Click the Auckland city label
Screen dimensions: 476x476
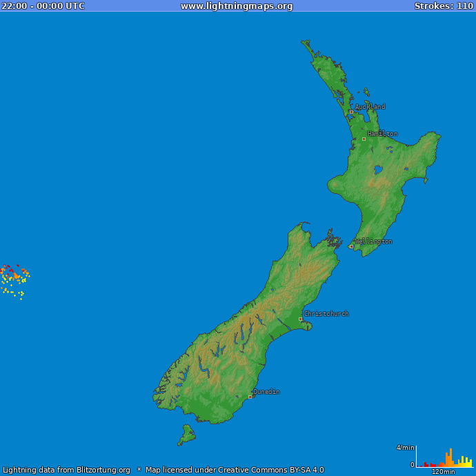point(370,107)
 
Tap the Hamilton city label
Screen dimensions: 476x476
point(382,134)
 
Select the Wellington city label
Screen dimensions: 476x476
point(373,241)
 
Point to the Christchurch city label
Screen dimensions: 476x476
point(326,314)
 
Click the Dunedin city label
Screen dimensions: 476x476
point(266,392)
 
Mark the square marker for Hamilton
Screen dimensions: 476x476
point(364,139)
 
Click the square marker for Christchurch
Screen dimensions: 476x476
point(300,319)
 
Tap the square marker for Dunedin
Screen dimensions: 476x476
point(250,397)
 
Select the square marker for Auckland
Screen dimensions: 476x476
point(351,112)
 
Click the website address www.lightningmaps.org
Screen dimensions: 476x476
point(237,6)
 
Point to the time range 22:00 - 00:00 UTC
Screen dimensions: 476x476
point(43,6)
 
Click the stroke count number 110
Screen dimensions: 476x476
point(465,6)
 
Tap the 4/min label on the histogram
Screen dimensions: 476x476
point(406,448)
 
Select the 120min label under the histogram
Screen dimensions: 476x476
point(443,472)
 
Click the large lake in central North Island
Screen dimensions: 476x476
point(378,169)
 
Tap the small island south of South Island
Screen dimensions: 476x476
point(186,435)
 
